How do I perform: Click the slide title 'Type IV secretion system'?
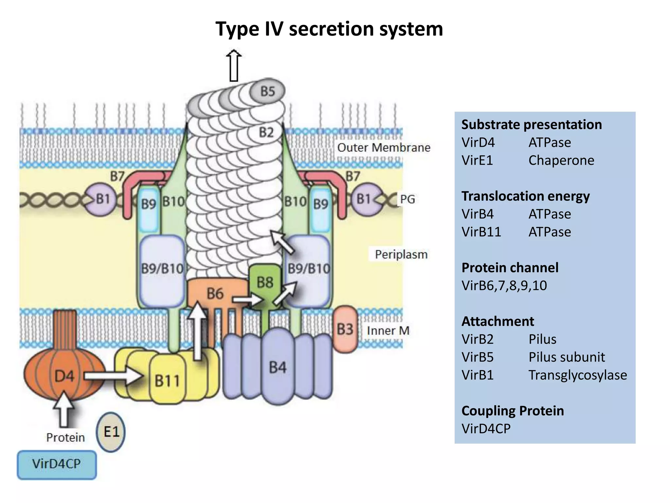[329, 29]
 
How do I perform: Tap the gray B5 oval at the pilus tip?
[267, 91]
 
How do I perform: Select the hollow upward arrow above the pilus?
[234, 65]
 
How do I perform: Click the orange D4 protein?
[64, 376]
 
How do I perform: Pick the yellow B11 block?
[167, 380]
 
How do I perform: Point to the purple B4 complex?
[277, 367]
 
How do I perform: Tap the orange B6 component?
[214, 293]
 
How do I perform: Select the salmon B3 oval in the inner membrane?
[345, 329]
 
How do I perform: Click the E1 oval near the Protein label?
[111, 432]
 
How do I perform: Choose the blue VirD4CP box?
[57, 464]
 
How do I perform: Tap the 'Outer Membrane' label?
[383, 147]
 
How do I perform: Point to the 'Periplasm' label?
[401, 254]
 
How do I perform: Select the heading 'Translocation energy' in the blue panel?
[525, 196]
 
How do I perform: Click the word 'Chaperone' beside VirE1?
[561, 160]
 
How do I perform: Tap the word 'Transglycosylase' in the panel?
[577, 375]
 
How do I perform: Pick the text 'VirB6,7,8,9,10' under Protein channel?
[504, 286]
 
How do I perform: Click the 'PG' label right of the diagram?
[407, 199]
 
